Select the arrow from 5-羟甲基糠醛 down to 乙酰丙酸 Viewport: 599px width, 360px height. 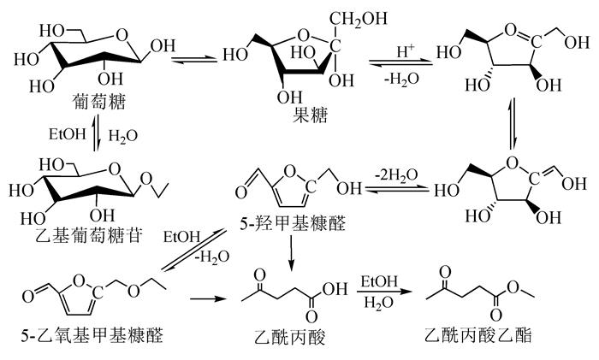(x=293, y=251)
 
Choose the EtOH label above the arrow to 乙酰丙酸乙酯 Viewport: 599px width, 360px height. (x=377, y=281)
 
